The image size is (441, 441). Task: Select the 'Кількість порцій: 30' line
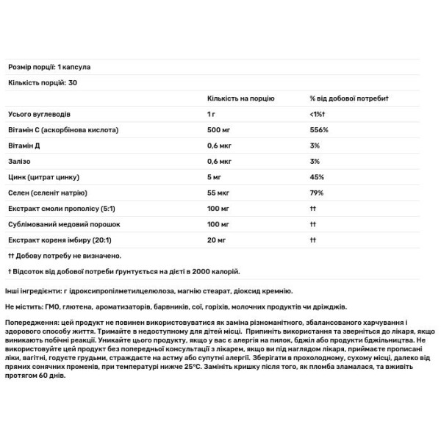click(43, 82)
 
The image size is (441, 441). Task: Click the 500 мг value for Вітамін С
click(218, 130)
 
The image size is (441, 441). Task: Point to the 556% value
click(319, 130)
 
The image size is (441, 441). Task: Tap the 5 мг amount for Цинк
click(214, 177)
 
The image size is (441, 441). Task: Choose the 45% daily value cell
click(318, 177)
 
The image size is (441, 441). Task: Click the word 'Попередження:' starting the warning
click(29, 323)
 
